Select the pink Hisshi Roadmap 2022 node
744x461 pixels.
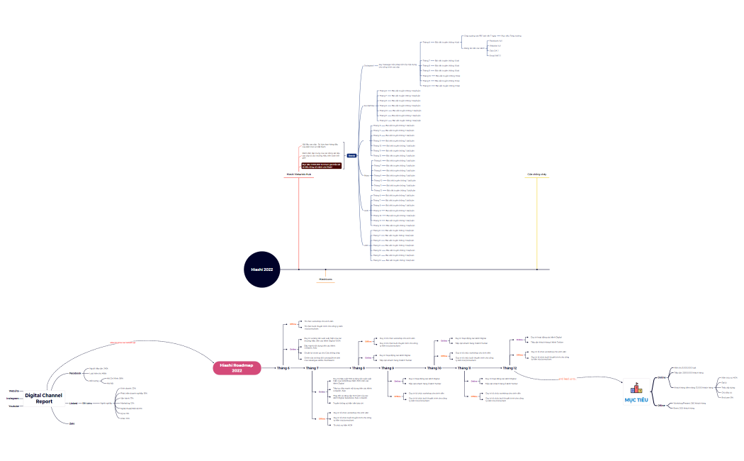(x=237, y=367)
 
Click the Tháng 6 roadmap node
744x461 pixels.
(x=283, y=368)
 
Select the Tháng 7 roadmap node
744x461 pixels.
(x=312, y=368)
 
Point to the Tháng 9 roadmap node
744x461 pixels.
(x=388, y=368)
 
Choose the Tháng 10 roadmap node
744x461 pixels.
(x=434, y=368)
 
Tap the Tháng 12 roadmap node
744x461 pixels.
(x=509, y=368)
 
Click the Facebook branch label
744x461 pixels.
(x=75, y=373)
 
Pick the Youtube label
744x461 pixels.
(x=13, y=406)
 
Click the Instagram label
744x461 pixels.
(x=13, y=398)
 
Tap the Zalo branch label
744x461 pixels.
(x=72, y=423)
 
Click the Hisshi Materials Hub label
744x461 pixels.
(x=299, y=173)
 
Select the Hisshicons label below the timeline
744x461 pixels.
(x=325, y=279)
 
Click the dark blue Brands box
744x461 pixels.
(x=351, y=155)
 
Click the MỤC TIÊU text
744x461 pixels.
(x=636, y=400)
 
